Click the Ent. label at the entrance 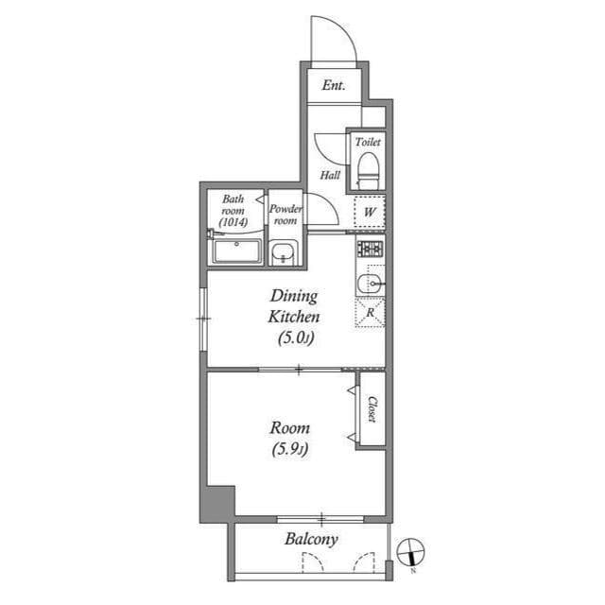[333, 86]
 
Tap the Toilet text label [368, 142]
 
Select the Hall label [330, 175]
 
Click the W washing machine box [371, 212]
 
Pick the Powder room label [285, 215]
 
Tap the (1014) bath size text [233, 223]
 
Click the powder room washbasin [283, 253]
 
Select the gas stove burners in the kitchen [370, 250]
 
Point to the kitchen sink [371, 285]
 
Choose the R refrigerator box [371, 313]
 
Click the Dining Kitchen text [296, 306]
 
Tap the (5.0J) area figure [296, 337]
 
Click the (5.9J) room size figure [289, 449]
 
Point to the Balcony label [311, 540]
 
